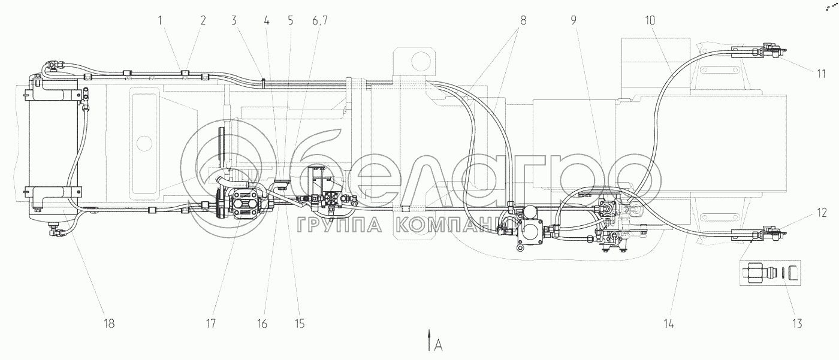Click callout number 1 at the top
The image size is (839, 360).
(x=161, y=20)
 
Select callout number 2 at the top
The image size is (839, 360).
(x=203, y=20)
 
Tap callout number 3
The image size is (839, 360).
(x=234, y=20)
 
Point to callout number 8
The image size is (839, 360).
(x=523, y=20)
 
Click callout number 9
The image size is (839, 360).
(x=574, y=20)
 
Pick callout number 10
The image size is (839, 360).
(x=650, y=20)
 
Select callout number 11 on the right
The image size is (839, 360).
(x=821, y=74)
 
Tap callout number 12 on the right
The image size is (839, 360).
(x=822, y=213)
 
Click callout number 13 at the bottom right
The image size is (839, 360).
(x=798, y=323)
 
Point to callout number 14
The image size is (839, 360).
(x=669, y=323)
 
